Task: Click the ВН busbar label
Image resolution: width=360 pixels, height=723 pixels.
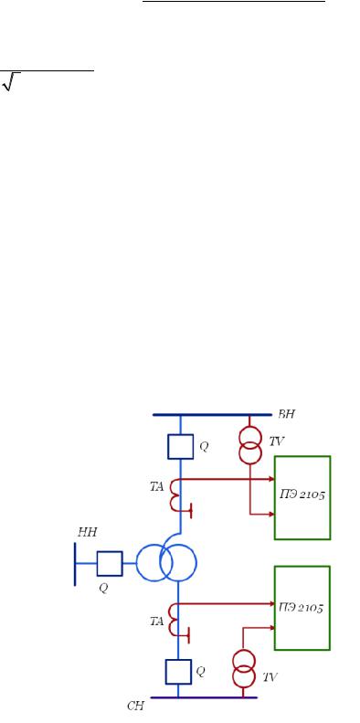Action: (286, 414)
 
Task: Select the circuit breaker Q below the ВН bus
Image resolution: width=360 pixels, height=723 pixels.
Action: (180, 446)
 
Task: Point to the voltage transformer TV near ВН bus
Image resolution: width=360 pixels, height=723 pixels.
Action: (250, 444)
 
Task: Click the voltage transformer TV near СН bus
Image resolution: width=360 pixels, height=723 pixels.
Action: (243, 668)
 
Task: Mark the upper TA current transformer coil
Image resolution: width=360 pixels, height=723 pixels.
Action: (175, 495)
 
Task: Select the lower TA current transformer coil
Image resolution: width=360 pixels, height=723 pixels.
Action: (175, 620)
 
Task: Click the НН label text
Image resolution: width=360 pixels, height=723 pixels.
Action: (87, 533)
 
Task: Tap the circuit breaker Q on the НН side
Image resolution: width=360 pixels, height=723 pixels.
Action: (110, 563)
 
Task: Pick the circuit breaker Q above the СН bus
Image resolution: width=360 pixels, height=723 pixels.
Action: (178, 672)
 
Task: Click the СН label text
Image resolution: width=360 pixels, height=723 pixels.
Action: (135, 706)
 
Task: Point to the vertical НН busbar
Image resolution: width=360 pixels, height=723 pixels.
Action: (75, 564)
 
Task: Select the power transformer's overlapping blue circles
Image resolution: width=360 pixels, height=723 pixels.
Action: (166, 562)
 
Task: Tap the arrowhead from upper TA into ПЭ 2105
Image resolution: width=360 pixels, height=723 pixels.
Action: (271, 479)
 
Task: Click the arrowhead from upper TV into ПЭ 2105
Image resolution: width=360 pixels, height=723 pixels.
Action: (271, 514)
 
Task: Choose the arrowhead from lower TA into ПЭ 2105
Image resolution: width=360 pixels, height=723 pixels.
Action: (271, 603)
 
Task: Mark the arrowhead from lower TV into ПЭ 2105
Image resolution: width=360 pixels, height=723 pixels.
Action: (271, 627)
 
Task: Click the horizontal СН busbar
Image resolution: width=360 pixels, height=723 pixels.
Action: (204, 697)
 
